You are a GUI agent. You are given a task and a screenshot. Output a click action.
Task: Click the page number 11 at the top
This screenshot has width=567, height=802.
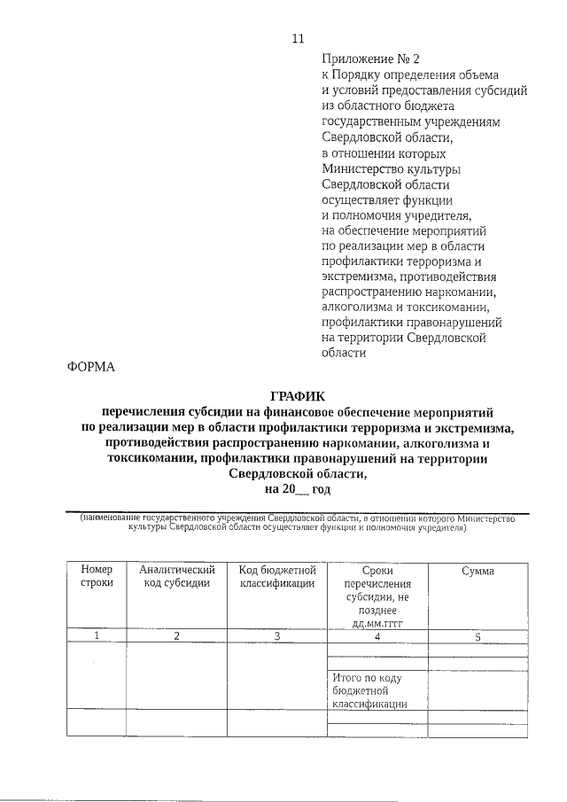click(x=298, y=38)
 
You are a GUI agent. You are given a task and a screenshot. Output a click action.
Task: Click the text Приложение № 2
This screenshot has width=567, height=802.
click(x=365, y=59)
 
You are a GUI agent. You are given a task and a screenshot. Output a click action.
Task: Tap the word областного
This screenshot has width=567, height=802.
click(x=371, y=106)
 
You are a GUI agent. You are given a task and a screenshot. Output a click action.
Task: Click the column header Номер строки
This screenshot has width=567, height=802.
click(x=97, y=576)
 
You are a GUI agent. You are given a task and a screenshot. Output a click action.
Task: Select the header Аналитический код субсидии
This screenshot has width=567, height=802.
click(x=176, y=576)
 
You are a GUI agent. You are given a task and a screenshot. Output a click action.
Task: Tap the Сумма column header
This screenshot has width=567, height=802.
click(x=478, y=571)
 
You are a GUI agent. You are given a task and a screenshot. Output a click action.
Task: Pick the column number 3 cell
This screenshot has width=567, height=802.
click(x=277, y=635)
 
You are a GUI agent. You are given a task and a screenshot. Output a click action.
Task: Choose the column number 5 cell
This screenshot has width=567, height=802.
click(x=478, y=635)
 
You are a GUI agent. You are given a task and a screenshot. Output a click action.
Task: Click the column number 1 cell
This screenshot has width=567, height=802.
click(x=97, y=635)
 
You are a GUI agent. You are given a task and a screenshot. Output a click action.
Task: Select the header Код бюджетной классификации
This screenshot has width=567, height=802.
click(x=277, y=576)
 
